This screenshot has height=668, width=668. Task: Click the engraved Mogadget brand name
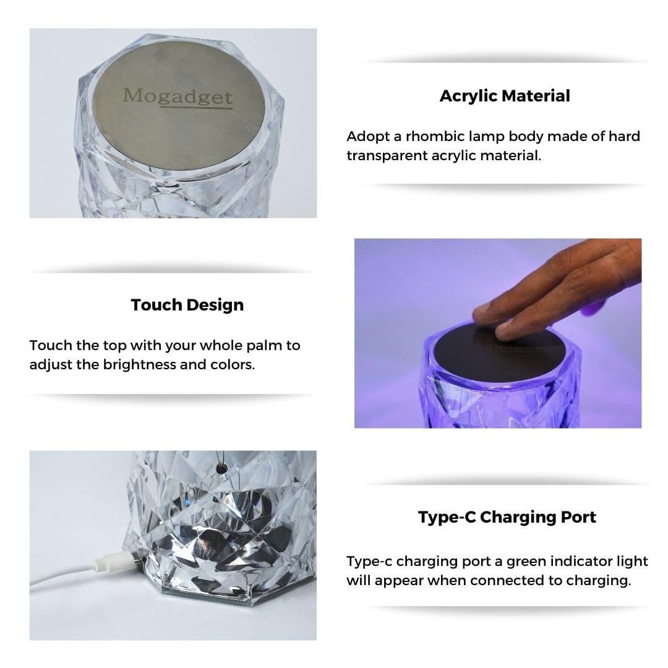pos(178,96)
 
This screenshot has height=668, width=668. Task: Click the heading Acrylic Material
pos(505,96)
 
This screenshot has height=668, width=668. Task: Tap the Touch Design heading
pos(187,304)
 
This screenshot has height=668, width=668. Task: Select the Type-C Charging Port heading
pos(507,516)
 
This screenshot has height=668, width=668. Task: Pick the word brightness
pos(137,364)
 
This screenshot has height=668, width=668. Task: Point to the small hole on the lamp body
pos(219,471)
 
